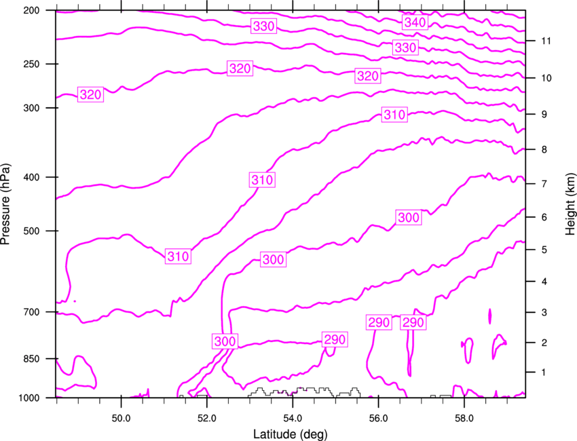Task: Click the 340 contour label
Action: click(x=415, y=22)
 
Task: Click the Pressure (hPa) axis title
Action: click(x=5, y=204)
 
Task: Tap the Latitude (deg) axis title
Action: click(x=290, y=434)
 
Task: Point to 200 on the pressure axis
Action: click(x=31, y=10)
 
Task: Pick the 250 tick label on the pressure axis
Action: click(x=31, y=64)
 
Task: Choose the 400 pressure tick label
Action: click(x=31, y=177)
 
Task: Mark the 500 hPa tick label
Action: click(x=31, y=231)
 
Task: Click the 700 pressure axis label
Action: click(x=31, y=312)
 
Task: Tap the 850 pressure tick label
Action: click(x=31, y=359)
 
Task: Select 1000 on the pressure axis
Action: click(x=29, y=398)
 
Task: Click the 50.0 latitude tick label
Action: click(x=121, y=418)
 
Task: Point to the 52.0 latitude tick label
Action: click(x=207, y=418)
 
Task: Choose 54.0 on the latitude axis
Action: click(x=293, y=418)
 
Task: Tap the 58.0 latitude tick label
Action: click(x=464, y=418)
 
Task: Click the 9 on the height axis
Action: click(x=544, y=115)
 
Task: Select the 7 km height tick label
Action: click(x=544, y=184)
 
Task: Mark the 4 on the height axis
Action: click(x=544, y=282)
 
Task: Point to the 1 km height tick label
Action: click(x=544, y=372)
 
